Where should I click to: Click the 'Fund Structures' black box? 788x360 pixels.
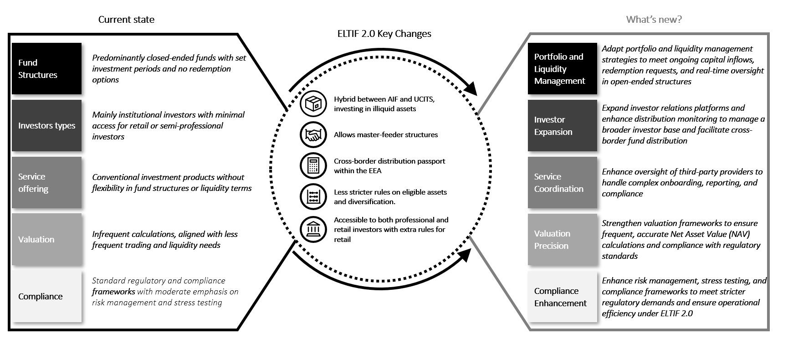(46, 69)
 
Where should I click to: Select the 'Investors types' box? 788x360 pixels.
(46, 126)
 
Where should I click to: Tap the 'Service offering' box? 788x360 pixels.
(46, 183)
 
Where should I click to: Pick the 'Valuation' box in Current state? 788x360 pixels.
(46, 239)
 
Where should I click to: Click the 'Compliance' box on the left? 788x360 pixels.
(46, 296)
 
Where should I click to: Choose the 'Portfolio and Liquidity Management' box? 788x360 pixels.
(562, 69)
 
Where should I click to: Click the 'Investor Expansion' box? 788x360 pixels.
(562, 126)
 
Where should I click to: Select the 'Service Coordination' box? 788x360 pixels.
(562, 183)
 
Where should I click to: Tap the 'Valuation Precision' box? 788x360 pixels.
(562, 239)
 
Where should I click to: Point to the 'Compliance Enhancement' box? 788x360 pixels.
(562, 297)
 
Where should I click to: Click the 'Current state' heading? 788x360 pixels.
(126, 20)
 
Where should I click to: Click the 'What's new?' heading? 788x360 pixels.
(654, 20)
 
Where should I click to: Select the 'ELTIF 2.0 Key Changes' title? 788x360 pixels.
(384, 34)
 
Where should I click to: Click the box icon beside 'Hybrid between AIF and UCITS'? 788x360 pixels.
(313, 104)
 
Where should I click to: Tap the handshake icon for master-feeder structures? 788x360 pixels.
(313, 135)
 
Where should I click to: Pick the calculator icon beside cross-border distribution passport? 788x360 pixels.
(313, 165)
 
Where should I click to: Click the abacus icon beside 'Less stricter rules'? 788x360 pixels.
(313, 196)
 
